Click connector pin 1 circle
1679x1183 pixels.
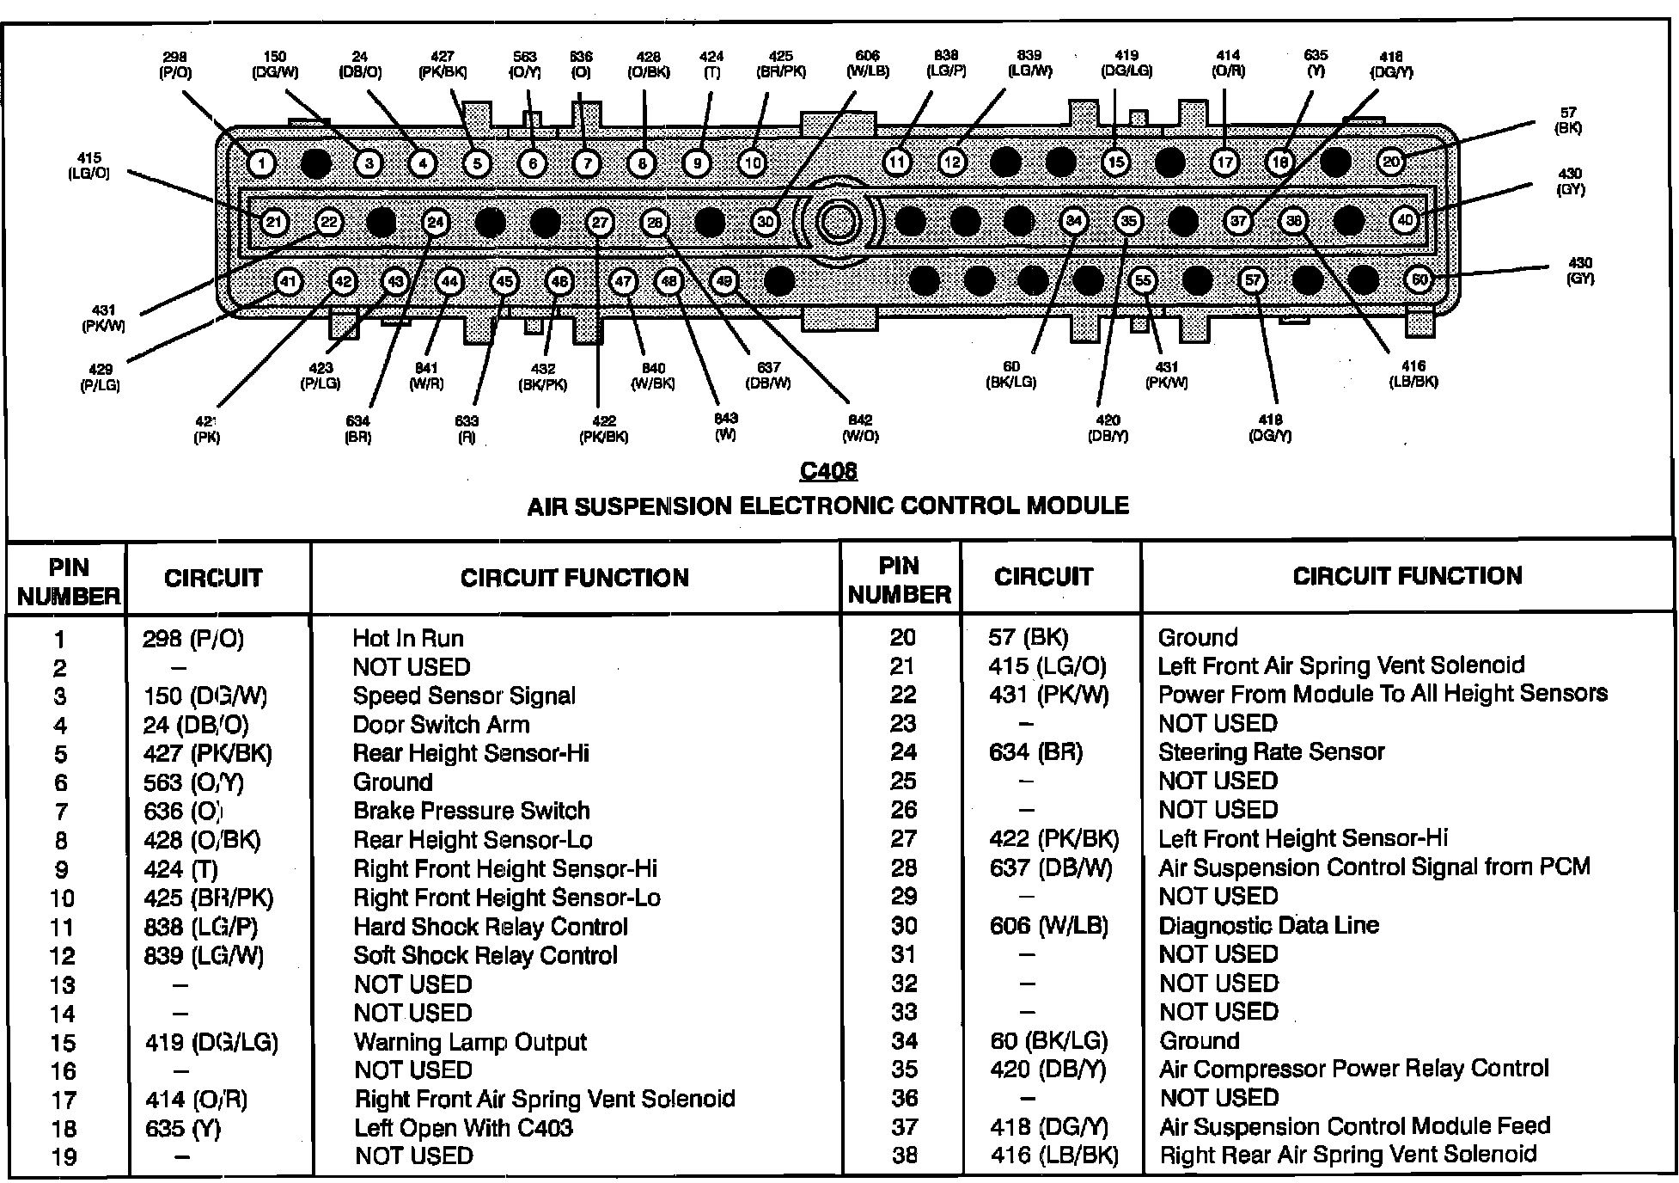coord(261,163)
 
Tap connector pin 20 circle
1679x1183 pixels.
coord(1391,162)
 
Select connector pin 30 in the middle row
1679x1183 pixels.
coord(765,222)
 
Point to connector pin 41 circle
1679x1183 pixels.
coord(288,281)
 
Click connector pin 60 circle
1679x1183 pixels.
coord(1420,279)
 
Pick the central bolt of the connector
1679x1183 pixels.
coord(837,222)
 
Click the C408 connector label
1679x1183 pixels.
coord(828,471)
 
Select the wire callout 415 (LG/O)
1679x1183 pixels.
coord(89,165)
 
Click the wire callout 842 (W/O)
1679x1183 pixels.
coord(860,427)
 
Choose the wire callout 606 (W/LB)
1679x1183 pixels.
coord(868,64)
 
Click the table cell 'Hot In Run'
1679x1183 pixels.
coord(408,638)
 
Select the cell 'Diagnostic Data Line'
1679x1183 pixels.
coord(1268,925)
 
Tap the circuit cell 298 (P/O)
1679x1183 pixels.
coord(193,639)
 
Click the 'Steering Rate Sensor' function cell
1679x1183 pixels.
coord(1271,752)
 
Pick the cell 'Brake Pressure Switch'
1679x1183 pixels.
coord(472,811)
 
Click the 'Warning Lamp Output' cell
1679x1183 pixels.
coord(470,1042)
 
